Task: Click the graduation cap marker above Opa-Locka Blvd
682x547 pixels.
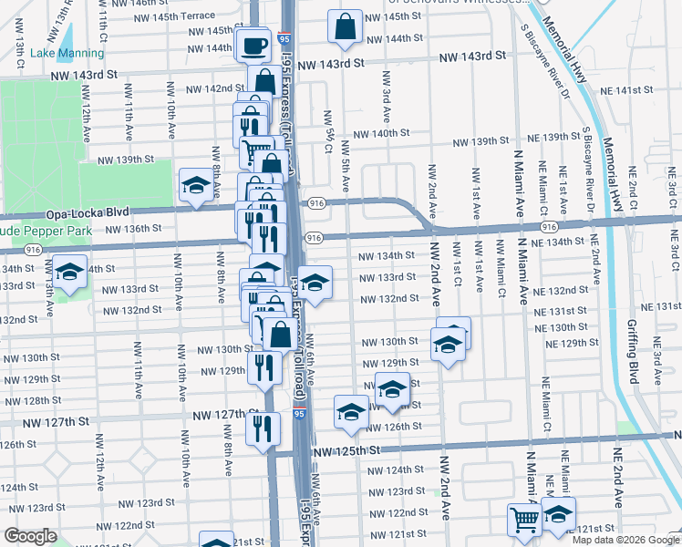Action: pyautogui.click(x=196, y=187)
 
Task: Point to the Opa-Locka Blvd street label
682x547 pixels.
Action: pyautogui.click(x=77, y=211)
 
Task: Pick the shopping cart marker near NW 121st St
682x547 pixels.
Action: pyautogui.click(x=524, y=521)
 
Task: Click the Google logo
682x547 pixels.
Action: pyautogui.click(x=31, y=536)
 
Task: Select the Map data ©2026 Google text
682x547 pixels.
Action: pyautogui.click(x=625, y=540)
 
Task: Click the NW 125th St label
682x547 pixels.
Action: pyautogui.click(x=344, y=451)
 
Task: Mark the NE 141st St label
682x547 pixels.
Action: pyautogui.click(x=635, y=90)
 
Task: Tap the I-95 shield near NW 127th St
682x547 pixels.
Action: pyautogui.click(x=300, y=415)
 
